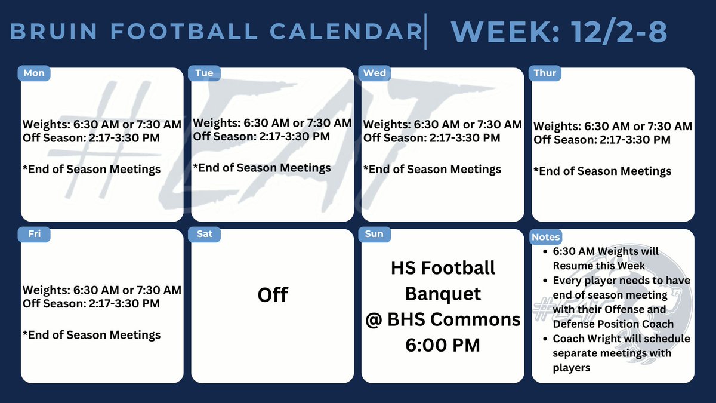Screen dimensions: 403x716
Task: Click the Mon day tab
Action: tap(34, 73)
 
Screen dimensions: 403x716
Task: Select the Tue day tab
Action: tap(204, 73)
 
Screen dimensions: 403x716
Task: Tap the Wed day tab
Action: tap(375, 73)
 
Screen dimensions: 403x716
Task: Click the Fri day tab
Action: tap(35, 234)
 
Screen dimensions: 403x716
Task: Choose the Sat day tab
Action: tap(205, 234)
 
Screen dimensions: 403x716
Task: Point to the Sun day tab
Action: tap(374, 234)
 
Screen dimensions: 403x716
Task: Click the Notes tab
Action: tap(546, 237)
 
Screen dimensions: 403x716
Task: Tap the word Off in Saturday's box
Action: tap(273, 295)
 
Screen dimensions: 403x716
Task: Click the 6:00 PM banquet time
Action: tap(442, 345)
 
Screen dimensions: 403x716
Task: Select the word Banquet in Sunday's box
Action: tap(443, 293)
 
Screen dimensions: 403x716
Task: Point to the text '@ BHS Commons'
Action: tap(443, 319)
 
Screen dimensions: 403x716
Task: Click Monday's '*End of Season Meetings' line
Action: tap(92, 170)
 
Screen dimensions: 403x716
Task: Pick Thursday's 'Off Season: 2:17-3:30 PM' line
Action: tap(602, 140)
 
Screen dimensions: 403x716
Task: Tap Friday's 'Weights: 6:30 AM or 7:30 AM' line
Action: tap(102, 290)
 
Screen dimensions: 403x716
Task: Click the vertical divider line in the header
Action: tap(425, 32)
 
